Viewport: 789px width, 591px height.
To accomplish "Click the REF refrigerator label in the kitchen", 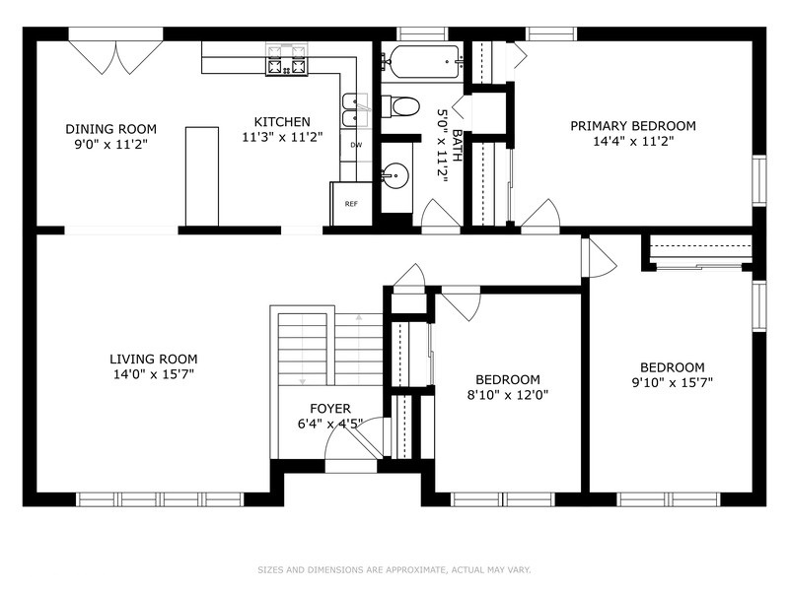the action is [x=351, y=204].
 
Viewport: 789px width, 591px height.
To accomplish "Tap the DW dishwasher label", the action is [x=356, y=145].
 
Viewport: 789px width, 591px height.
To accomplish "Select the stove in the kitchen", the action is [x=287, y=60].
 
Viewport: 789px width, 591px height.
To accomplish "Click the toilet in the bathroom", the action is [x=400, y=106].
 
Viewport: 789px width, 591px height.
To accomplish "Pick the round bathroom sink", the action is [x=395, y=176].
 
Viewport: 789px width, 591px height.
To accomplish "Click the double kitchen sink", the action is [x=355, y=110].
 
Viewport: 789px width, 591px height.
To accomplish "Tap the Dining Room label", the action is [x=110, y=129].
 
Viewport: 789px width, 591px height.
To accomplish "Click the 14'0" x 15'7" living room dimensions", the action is [x=154, y=374].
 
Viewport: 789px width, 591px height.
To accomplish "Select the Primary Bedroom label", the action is [x=633, y=126].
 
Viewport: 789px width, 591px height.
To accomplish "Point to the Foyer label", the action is [x=330, y=409].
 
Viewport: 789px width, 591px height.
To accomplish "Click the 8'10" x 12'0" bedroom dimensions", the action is [x=508, y=395].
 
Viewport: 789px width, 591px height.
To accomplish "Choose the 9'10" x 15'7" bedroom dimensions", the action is [x=673, y=383].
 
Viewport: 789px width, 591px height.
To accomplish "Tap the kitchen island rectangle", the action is [x=202, y=176].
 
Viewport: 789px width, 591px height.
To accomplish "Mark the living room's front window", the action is [x=160, y=499].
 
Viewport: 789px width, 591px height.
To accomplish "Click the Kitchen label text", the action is [x=282, y=122].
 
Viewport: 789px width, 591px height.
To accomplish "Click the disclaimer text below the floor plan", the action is [x=394, y=570].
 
